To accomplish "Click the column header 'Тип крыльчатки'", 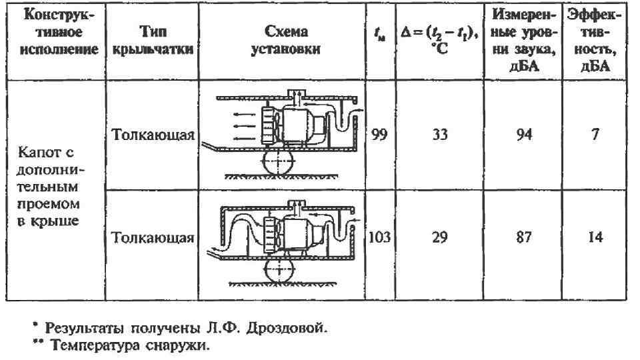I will [153, 41].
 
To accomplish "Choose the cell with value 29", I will [439, 237].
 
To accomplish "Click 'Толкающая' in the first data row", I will [153, 136].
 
